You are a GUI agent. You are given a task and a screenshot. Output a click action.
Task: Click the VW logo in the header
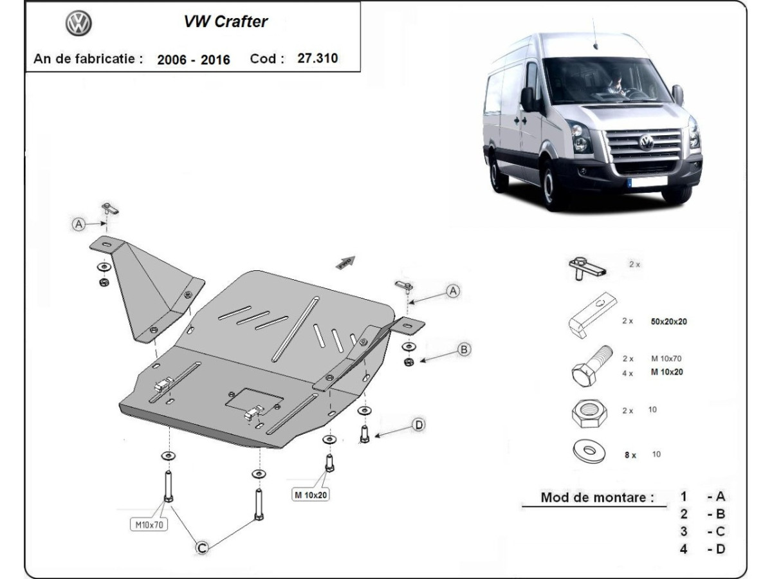[x=79, y=24]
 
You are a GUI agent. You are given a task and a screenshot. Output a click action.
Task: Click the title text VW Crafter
[x=225, y=22]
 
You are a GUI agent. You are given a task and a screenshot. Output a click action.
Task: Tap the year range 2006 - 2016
[x=193, y=59]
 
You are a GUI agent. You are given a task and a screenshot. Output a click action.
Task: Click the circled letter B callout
[x=464, y=349]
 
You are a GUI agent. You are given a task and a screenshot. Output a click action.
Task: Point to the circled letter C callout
[x=201, y=547]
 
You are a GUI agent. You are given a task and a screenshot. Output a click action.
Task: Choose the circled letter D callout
[x=419, y=425]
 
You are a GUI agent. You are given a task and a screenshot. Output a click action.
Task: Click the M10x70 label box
[x=149, y=525]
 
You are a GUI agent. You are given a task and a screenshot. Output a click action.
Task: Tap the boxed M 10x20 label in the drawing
[x=311, y=495]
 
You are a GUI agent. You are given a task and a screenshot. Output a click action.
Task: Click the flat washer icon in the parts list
[x=588, y=452]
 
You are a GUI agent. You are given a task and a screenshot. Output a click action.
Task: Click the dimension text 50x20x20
[x=668, y=322]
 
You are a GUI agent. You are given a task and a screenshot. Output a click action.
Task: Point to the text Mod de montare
[x=597, y=497]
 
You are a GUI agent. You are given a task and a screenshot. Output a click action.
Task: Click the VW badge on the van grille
[x=645, y=142]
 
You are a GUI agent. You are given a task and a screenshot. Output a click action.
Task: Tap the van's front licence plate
[x=647, y=182]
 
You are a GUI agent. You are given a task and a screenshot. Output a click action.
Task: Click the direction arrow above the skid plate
[x=345, y=262]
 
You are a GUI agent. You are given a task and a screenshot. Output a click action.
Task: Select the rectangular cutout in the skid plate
[x=254, y=399]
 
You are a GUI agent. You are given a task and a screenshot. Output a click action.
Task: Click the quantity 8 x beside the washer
[x=630, y=455]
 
